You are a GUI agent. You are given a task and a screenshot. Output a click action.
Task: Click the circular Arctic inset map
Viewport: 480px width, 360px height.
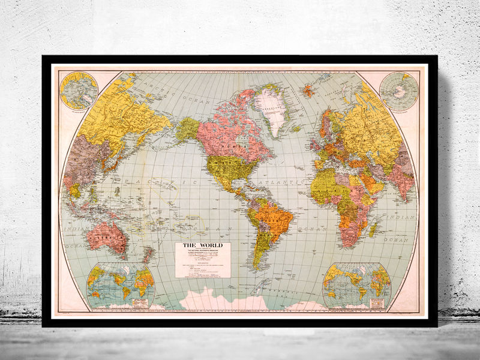click(79, 91)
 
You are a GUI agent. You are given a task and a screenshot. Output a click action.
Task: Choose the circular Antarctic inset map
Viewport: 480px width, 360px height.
click(398, 91)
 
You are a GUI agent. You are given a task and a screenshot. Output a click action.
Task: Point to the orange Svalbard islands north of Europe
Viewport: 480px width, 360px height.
click(308, 91)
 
